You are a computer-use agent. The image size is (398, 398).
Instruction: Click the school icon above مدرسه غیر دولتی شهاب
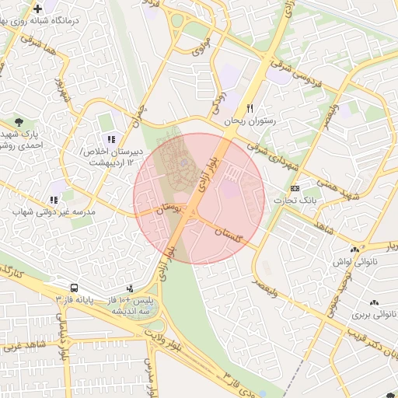54,198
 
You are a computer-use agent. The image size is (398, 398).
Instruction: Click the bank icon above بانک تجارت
295,188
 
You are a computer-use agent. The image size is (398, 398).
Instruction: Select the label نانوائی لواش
354,262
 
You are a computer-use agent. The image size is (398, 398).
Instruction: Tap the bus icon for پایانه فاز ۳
73,287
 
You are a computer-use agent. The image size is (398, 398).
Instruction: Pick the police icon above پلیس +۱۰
130,287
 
